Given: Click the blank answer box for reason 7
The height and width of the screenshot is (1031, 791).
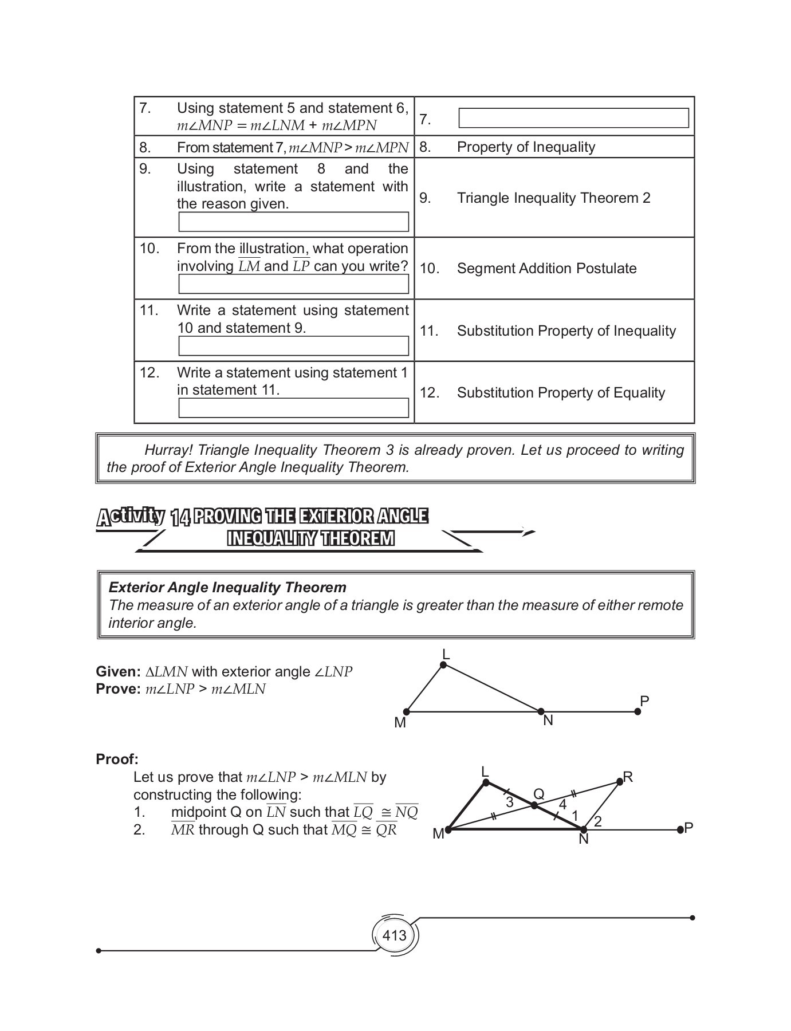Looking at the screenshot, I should [573, 119].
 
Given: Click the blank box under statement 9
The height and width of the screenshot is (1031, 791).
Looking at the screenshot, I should [293, 222].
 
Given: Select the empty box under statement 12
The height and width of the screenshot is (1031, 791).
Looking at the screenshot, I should [293, 408].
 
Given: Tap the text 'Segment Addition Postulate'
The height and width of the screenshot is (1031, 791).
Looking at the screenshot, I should [546, 268].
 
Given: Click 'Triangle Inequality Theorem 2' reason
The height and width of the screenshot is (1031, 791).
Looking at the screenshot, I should [553, 198].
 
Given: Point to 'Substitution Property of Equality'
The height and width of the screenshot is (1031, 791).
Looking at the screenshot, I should [561, 392].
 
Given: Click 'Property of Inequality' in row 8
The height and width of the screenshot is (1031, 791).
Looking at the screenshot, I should [526, 147].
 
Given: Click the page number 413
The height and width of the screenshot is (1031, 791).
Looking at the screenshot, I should [394, 935].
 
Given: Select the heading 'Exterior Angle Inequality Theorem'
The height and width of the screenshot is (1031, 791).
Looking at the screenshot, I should [227, 587].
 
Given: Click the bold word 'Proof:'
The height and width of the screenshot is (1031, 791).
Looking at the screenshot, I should [117, 759].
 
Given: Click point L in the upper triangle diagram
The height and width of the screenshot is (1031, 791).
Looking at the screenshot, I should [443, 664].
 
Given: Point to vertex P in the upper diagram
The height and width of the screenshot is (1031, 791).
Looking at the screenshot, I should [637, 711].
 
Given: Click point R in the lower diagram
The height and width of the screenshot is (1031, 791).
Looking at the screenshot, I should [619, 782].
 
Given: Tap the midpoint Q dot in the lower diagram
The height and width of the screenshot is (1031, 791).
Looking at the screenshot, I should [534, 805].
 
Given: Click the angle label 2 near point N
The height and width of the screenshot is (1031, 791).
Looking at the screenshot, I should [597, 821].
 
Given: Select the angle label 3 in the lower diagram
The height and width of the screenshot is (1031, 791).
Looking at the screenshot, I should [510, 802].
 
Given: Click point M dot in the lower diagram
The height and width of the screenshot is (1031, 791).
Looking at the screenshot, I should [448, 829].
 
